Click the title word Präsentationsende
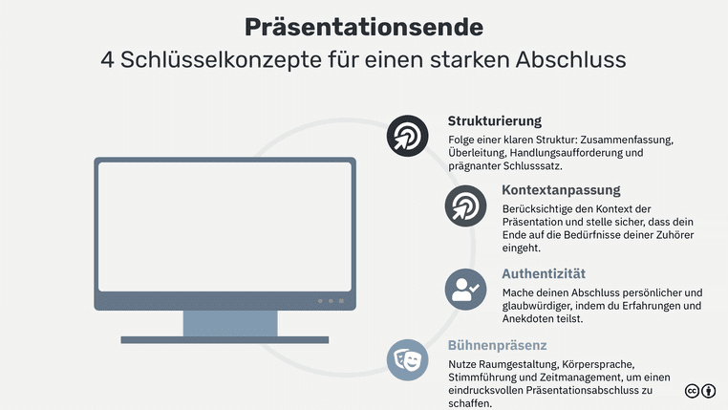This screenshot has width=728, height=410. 363,26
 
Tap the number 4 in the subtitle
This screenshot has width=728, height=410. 108,59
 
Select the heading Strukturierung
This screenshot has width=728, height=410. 494,121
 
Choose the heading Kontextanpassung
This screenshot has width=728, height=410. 561,190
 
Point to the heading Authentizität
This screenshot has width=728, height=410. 544,273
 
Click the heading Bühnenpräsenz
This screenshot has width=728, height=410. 497,345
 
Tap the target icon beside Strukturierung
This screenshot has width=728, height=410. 407,136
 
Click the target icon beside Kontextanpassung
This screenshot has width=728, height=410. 465,205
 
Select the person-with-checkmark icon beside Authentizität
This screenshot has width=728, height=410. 465,288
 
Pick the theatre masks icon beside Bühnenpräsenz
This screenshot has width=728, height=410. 407,359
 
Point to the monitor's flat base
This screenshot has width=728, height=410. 225,339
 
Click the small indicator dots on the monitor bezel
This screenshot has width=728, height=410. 330,301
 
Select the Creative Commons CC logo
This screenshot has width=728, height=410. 693,391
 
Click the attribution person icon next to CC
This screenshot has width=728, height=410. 709,391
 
